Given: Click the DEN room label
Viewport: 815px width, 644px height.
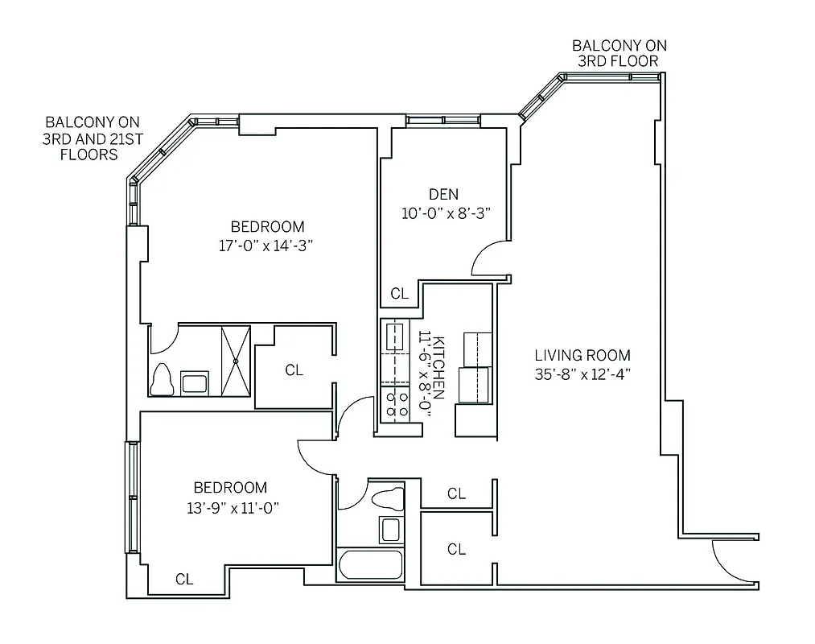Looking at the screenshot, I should point(443,194).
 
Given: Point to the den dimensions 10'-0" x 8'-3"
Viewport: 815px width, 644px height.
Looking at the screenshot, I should point(446,213).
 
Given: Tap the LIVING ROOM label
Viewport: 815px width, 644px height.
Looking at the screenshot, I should point(582,355).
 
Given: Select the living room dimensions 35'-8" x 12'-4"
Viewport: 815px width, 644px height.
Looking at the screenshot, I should point(582,374).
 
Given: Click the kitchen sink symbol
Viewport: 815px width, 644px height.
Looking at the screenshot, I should point(394,337).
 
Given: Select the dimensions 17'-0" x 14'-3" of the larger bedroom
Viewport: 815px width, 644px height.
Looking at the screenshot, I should point(265,246).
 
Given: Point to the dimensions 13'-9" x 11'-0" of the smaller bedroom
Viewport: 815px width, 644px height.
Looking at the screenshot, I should point(230,507).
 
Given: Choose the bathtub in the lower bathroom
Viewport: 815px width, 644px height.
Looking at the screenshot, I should point(371,564).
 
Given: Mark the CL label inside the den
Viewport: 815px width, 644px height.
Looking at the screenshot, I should point(399,294).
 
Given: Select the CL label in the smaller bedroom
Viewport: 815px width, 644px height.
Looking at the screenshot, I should point(184,579).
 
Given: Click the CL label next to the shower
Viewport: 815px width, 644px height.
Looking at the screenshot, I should point(294,370).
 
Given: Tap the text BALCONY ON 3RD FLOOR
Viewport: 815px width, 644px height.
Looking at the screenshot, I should point(619,53).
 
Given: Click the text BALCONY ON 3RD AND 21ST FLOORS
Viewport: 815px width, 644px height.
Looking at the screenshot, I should point(93,138).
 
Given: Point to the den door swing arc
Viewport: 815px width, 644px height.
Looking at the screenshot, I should point(486,257).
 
